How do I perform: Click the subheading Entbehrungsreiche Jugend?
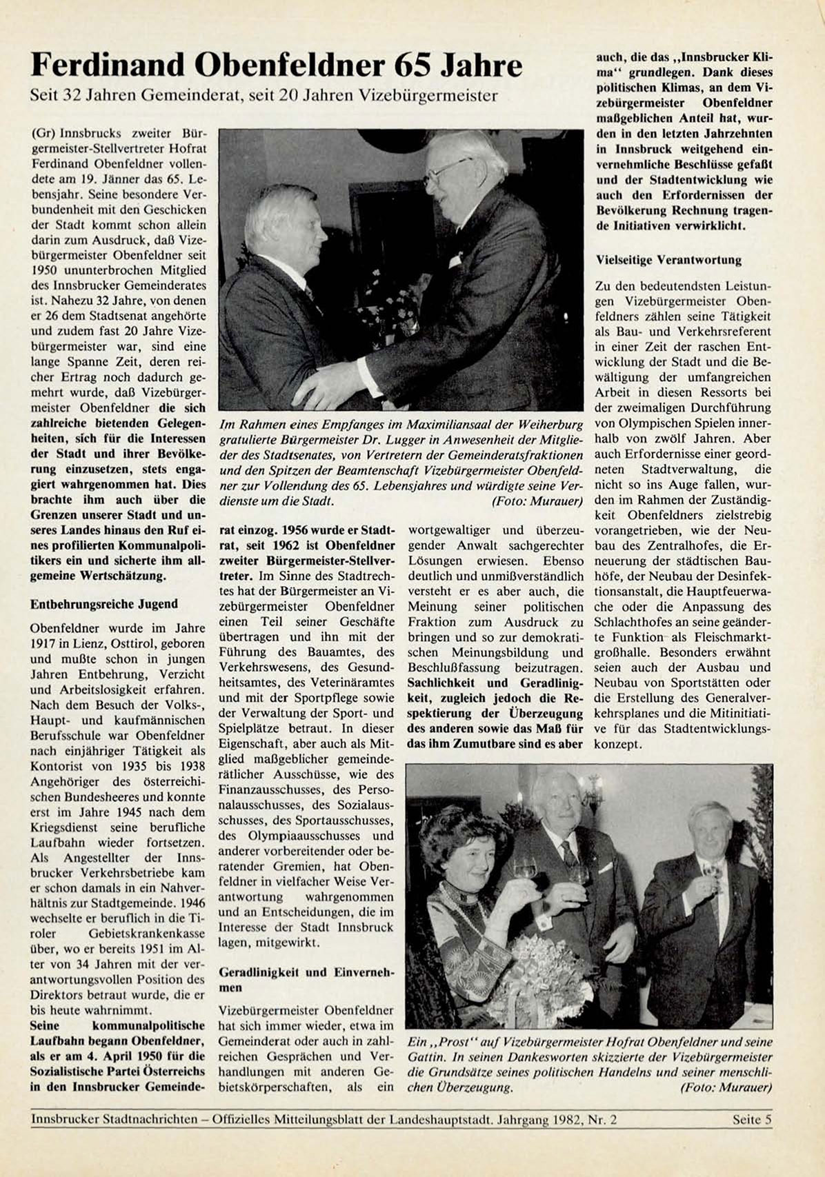click(104, 604)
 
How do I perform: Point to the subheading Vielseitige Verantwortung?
click(668, 260)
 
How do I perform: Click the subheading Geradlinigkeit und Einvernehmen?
click(306, 980)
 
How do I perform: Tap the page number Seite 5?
click(752, 1120)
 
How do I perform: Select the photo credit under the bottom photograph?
click(726, 1088)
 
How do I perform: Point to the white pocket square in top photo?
click(456, 260)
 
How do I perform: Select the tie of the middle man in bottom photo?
click(570, 855)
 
